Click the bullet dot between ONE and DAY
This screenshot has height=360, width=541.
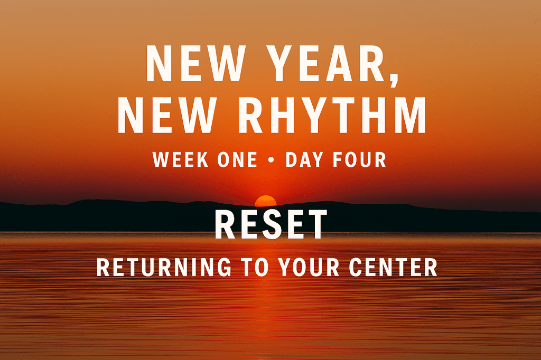click(x=272, y=160)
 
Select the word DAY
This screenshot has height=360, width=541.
click(x=305, y=159)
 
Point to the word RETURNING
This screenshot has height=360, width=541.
click(x=164, y=267)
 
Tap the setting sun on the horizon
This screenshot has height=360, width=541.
click(x=265, y=201)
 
